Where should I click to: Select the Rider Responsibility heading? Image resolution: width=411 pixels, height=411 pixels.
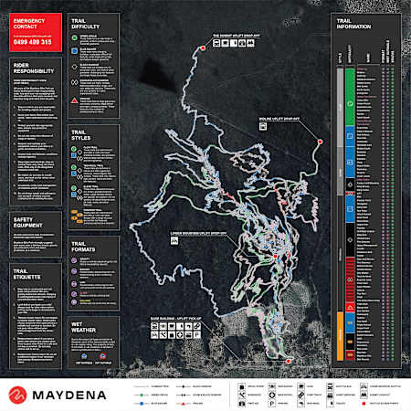tap(32, 69)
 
